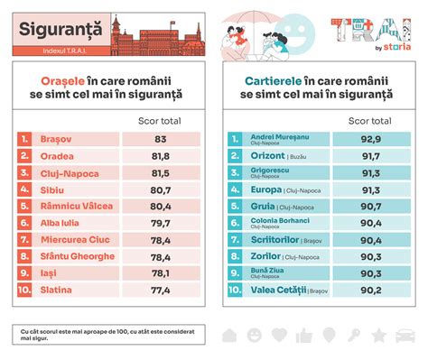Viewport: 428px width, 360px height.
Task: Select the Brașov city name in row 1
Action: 56,139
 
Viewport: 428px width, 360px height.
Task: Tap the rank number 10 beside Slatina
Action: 25,291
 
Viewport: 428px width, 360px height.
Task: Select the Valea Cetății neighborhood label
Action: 276,291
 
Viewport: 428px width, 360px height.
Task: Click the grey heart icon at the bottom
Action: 279,336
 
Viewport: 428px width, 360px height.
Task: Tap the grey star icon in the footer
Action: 378,336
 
